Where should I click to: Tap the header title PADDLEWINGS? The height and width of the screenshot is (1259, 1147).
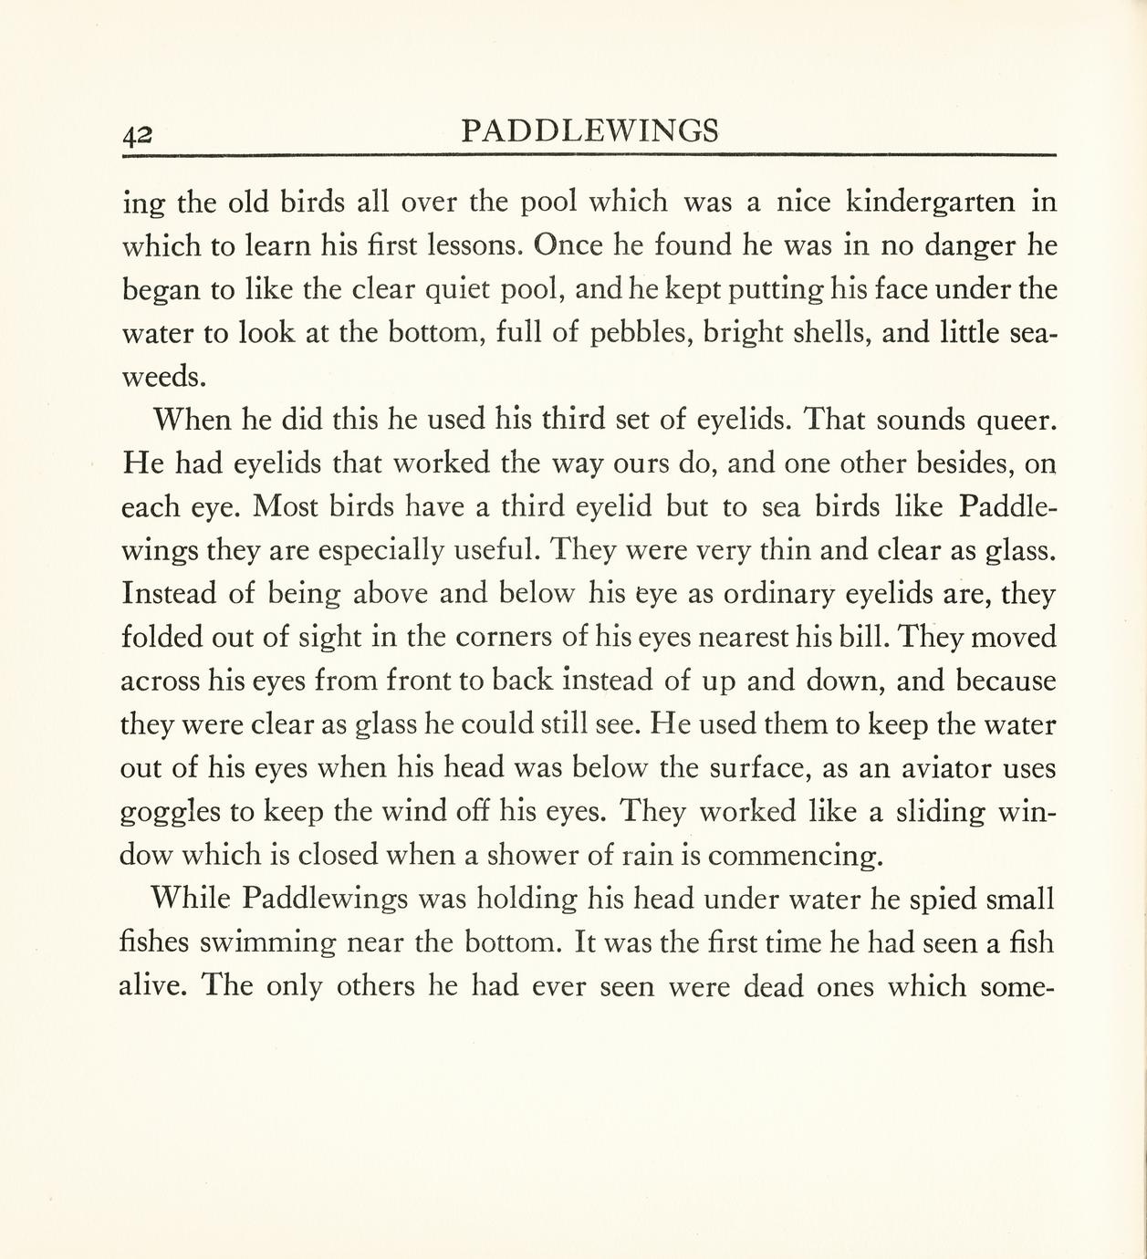click(x=589, y=131)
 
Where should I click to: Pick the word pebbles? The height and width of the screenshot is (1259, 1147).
click(x=635, y=333)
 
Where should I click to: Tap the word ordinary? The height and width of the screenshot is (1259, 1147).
click(x=776, y=595)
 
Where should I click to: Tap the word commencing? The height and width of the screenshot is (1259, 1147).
click(x=795, y=857)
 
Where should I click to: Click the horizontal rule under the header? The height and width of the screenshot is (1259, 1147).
click(x=589, y=155)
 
